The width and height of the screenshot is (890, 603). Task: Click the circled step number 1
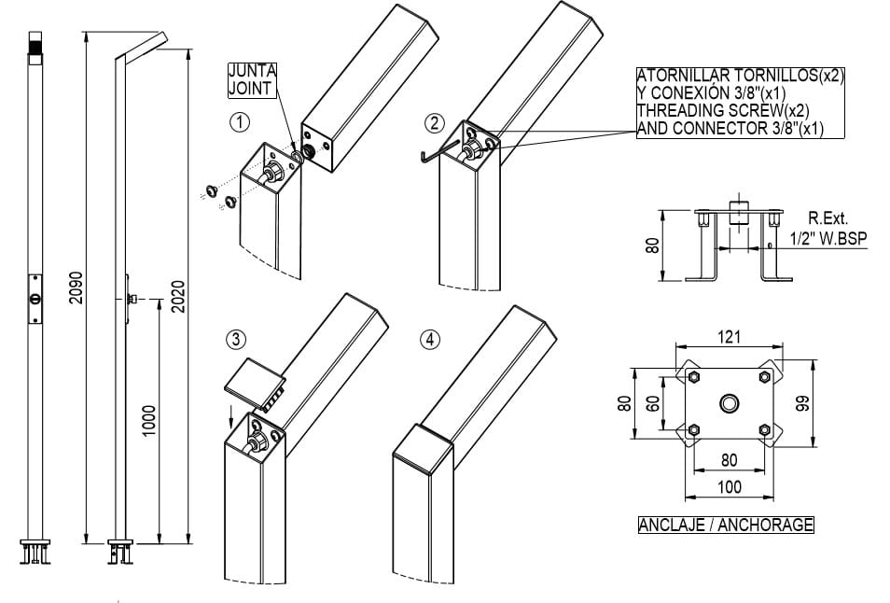click(x=241, y=122)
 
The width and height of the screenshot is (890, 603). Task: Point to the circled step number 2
click(x=434, y=122)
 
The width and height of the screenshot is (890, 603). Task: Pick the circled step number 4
click(x=429, y=340)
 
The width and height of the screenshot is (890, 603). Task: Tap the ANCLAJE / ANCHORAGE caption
click(x=725, y=525)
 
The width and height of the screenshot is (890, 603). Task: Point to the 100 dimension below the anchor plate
click(x=729, y=486)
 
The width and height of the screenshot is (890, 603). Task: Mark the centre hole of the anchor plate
click(x=729, y=403)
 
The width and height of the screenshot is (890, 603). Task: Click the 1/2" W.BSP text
click(x=827, y=239)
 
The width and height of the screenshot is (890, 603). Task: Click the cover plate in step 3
click(x=255, y=378)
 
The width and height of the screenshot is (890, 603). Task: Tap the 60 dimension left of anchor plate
click(x=654, y=402)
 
